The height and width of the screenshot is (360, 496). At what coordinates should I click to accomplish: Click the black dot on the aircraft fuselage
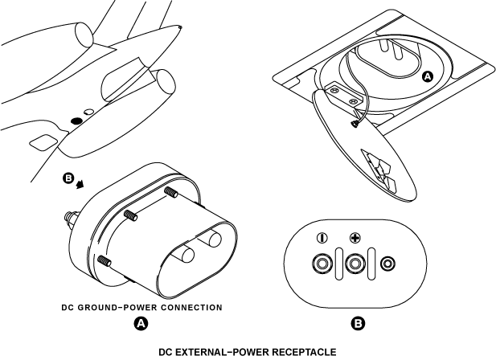76,120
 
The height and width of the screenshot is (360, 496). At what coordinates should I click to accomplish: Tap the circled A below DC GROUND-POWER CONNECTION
141,324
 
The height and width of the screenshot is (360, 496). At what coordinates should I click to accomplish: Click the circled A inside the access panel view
428,76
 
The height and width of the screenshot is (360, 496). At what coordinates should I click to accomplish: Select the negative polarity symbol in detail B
322,238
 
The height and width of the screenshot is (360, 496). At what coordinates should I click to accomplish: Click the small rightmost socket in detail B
388,264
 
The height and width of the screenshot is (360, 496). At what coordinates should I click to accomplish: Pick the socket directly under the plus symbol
355,264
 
